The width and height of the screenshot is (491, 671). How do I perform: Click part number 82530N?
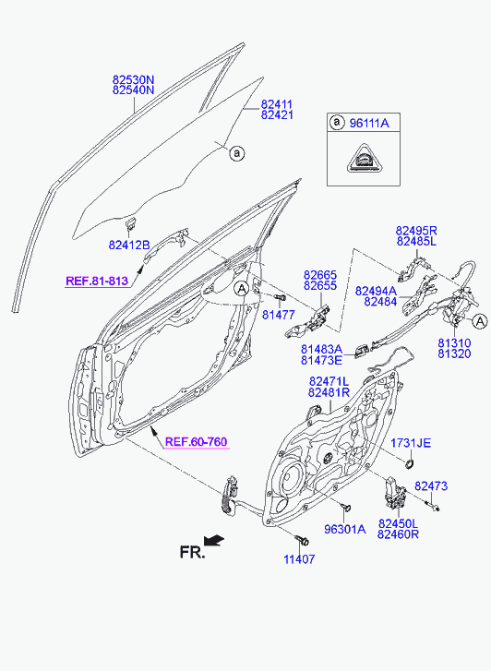pyautogui.click(x=133, y=80)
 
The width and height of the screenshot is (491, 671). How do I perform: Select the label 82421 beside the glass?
pyautogui.click(x=277, y=115)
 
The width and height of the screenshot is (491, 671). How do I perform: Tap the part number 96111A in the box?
pyautogui.click(x=369, y=124)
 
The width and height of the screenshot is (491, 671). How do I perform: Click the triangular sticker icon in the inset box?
pyautogui.click(x=364, y=158)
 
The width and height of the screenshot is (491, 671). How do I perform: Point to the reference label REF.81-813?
pyautogui.click(x=97, y=282)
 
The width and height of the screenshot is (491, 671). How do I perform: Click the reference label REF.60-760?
pyautogui.click(x=196, y=441)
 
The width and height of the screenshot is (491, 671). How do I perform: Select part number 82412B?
pyautogui.click(x=129, y=246)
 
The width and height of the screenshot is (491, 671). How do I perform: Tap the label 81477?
pyautogui.click(x=279, y=315)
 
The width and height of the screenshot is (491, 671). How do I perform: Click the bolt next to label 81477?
pyautogui.click(x=280, y=296)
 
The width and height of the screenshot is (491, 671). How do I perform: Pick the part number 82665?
pyautogui.click(x=320, y=275)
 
